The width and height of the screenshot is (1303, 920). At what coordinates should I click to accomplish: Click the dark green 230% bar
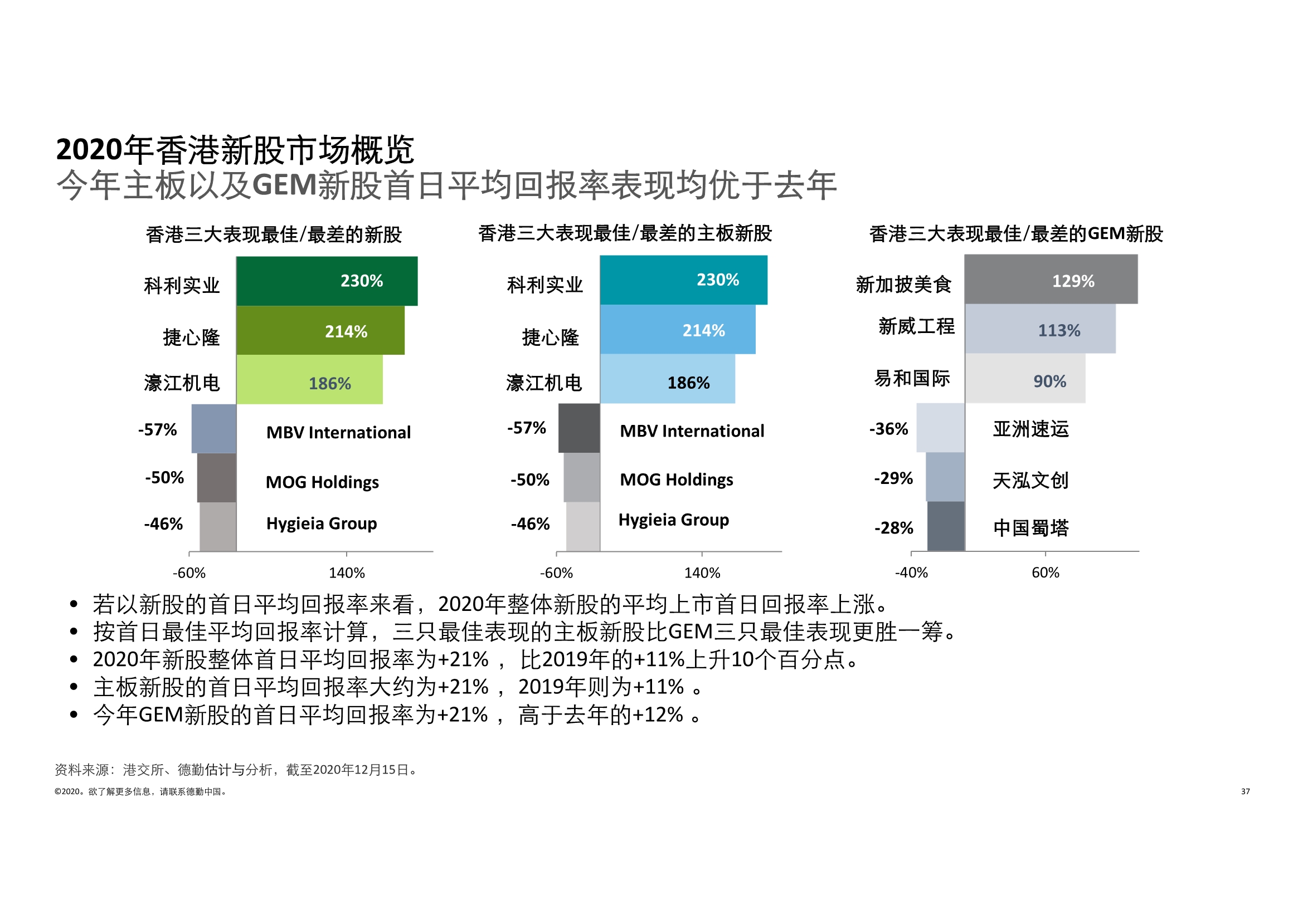327,281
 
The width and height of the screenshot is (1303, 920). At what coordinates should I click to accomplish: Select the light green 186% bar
309,379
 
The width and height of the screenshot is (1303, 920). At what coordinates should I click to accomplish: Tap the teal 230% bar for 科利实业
683,280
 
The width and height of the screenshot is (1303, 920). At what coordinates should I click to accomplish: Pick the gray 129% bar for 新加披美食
1051,279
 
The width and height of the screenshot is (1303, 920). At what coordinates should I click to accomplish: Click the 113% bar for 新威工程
1040,329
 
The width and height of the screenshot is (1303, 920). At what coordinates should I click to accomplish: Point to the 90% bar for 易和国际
1025,378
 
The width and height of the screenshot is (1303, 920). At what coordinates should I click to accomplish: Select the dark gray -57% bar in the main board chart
579,428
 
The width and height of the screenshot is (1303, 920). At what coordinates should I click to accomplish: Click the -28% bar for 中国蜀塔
945,526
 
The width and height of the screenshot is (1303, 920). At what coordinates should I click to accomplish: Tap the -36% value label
888,429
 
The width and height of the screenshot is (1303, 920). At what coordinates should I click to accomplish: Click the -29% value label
893,478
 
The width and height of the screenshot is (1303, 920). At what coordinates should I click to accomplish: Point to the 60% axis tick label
1046,572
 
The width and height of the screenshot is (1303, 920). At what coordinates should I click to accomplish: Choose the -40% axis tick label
911,572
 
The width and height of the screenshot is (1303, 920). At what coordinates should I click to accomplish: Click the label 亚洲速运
1030,429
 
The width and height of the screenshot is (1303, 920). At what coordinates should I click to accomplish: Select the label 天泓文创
1030,481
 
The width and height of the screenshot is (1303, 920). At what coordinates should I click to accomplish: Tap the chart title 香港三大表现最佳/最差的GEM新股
1016,234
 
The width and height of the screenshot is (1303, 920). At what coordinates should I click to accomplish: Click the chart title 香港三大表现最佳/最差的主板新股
625,233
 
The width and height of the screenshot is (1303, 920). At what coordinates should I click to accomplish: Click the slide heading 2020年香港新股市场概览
235,150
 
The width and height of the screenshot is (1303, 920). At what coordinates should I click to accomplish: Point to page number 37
1245,791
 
